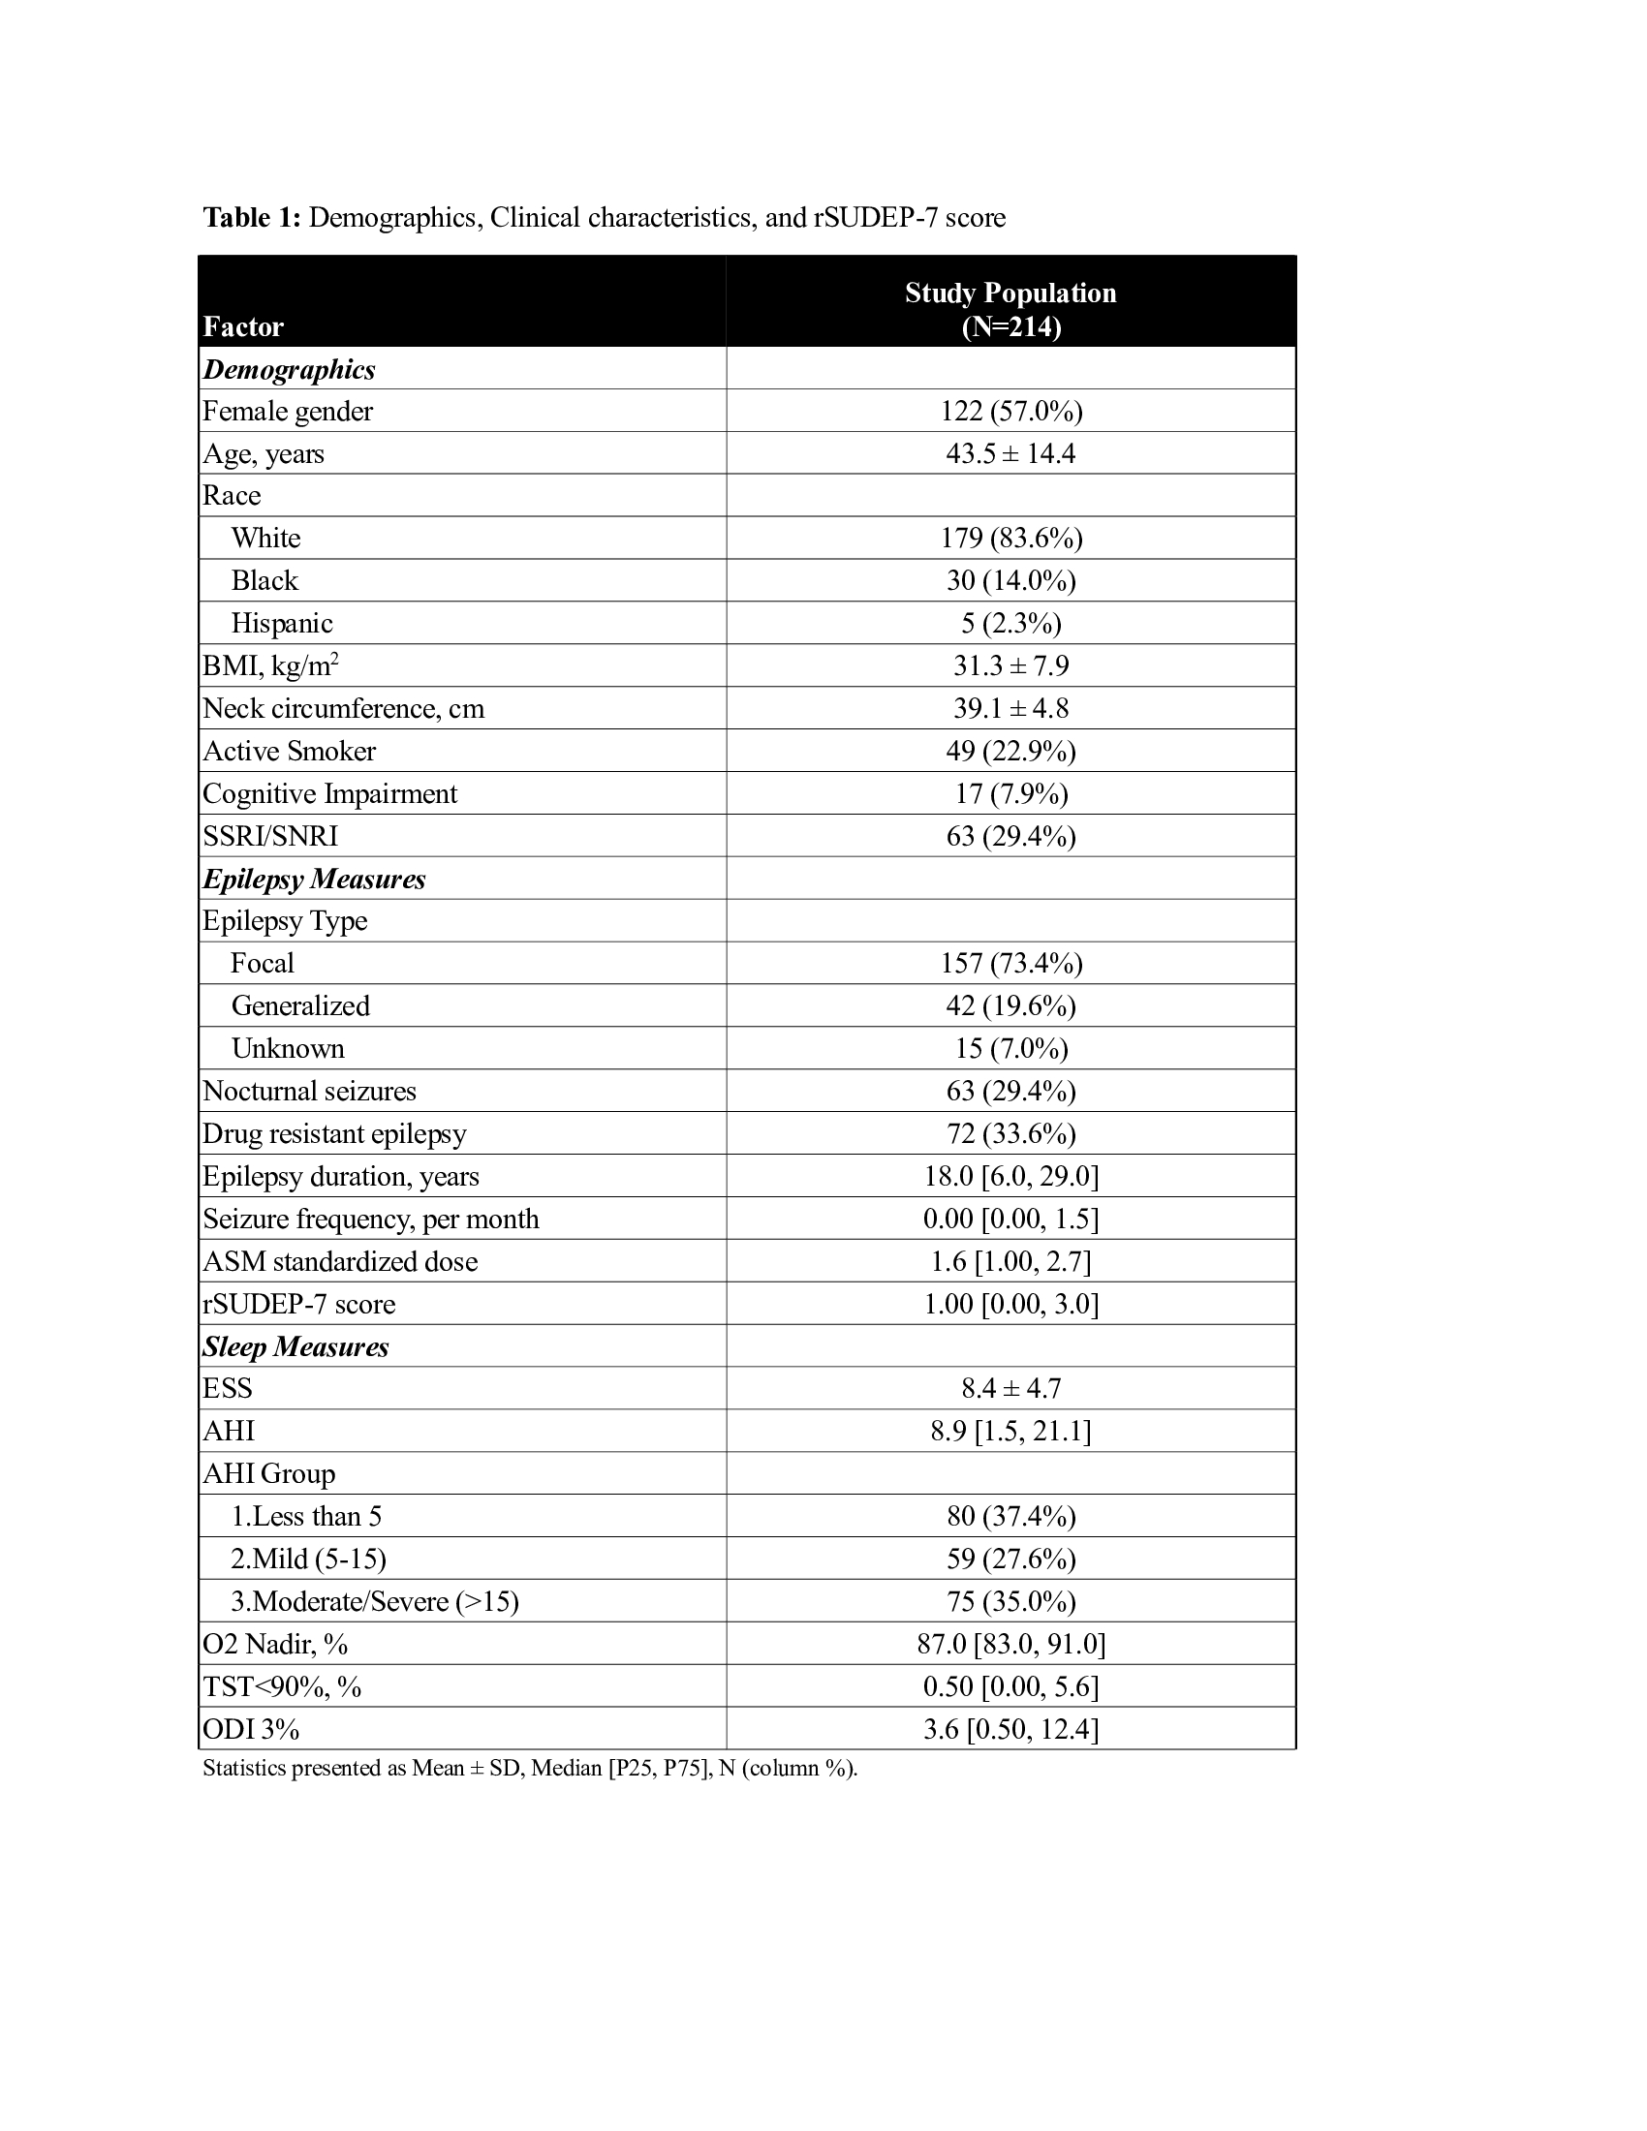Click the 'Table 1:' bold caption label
(252, 218)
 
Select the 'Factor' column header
(243, 326)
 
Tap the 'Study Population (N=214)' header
(1010, 309)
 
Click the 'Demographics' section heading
(289, 370)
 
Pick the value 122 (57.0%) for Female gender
(1010, 412)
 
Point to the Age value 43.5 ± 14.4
(1010, 453)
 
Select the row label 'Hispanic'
(282, 624)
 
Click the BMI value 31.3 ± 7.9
(1010, 665)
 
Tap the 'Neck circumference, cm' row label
(344, 708)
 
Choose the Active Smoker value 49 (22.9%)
(1010, 752)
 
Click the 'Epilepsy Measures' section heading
(314, 880)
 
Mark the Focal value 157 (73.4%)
(1010, 964)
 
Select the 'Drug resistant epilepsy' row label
(334, 1134)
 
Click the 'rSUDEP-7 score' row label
(298, 1305)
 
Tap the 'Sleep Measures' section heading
(295, 1347)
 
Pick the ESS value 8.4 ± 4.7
(1010, 1388)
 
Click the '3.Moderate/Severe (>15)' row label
(375, 1602)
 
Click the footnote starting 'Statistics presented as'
(530, 1768)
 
